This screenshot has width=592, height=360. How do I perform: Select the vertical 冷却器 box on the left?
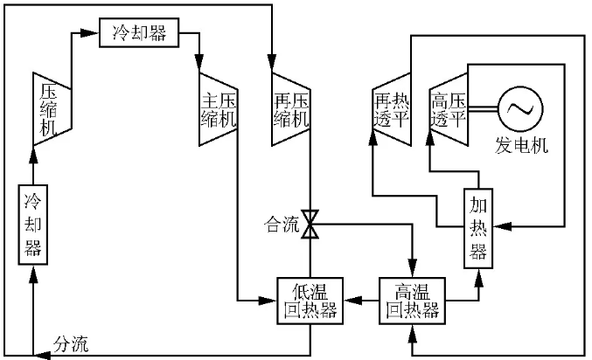coord(33,225)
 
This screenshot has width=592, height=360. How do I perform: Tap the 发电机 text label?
coord(522,146)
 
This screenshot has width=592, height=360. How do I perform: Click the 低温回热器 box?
coord(310,300)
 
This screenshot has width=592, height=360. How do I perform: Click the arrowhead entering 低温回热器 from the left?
coord(269,301)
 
